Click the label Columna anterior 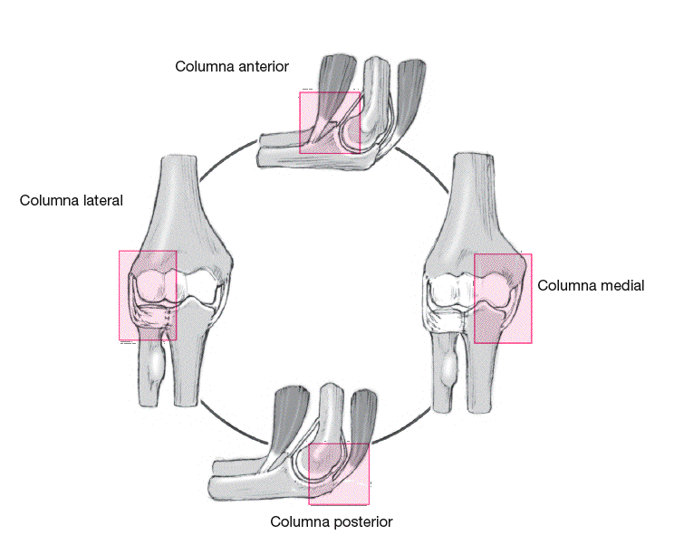pyautogui.click(x=232, y=66)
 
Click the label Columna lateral pyautogui.click(x=71, y=200)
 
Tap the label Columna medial pyautogui.click(x=591, y=285)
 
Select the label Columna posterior pyautogui.click(x=332, y=521)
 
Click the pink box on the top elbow pyautogui.click(x=330, y=121)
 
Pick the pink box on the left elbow pyautogui.click(x=147, y=295)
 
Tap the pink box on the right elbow pyautogui.click(x=503, y=298)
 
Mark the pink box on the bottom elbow pyautogui.click(x=339, y=473)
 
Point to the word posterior pyautogui.click(x=361, y=521)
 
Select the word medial pyautogui.click(x=622, y=285)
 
